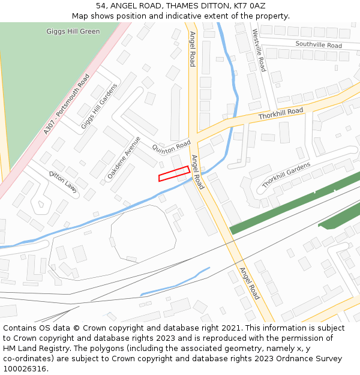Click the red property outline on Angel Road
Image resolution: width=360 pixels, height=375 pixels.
pos(174,173)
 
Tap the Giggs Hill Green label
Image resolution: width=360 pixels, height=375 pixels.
pos(73,31)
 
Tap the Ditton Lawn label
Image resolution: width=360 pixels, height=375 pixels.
pos(63,181)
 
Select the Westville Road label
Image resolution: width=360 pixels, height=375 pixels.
pos(259,50)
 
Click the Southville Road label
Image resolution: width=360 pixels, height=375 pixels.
pos(319,45)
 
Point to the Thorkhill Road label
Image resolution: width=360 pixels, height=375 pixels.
pos(281,113)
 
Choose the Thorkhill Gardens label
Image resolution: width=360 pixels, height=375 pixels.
pos(286,173)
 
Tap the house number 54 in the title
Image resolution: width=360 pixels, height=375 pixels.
pos(101,5)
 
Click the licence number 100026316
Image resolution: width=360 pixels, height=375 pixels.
pos(25,369)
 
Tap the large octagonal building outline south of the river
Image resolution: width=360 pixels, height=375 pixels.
pos(143,232)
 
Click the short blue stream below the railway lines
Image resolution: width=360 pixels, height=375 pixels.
pos(174,281)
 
